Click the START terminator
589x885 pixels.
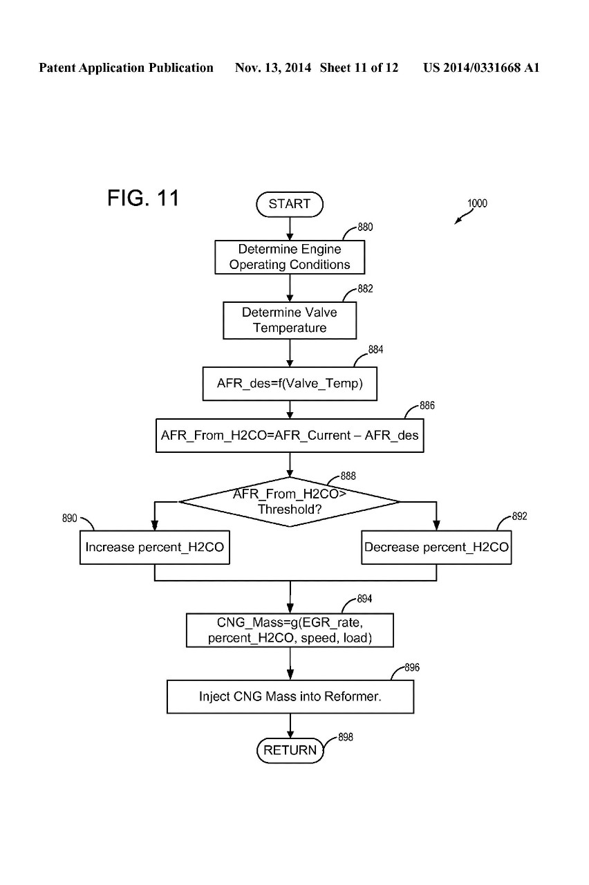tap(290, 204)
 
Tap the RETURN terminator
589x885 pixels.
tap(290, 750)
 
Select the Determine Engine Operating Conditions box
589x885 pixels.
tap(290, 257)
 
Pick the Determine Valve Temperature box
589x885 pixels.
tap(290, 320)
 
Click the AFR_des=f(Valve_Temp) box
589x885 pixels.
tap(290, 384)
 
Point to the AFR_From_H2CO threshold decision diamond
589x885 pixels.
tap(290, 502)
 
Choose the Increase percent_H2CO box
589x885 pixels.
tap(154, 548)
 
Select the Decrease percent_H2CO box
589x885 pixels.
tap(436, 548)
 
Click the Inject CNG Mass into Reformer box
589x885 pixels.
tap(290, 696)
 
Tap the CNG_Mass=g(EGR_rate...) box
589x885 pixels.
tap(290, 630)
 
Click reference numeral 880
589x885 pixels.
tap(365, 227)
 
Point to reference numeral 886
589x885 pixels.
tap(427, 406)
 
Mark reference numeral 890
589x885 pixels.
tap(70, 518)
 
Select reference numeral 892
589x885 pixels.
tap(519, 516)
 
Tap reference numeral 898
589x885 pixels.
tap(346, 738)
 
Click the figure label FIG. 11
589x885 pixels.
tap(143, 198)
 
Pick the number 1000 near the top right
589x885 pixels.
tap(477, 203)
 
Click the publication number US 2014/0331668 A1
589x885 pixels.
tap(481, 68)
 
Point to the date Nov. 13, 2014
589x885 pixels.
tap(274, 68)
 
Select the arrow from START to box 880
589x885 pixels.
tap(290, 227)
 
